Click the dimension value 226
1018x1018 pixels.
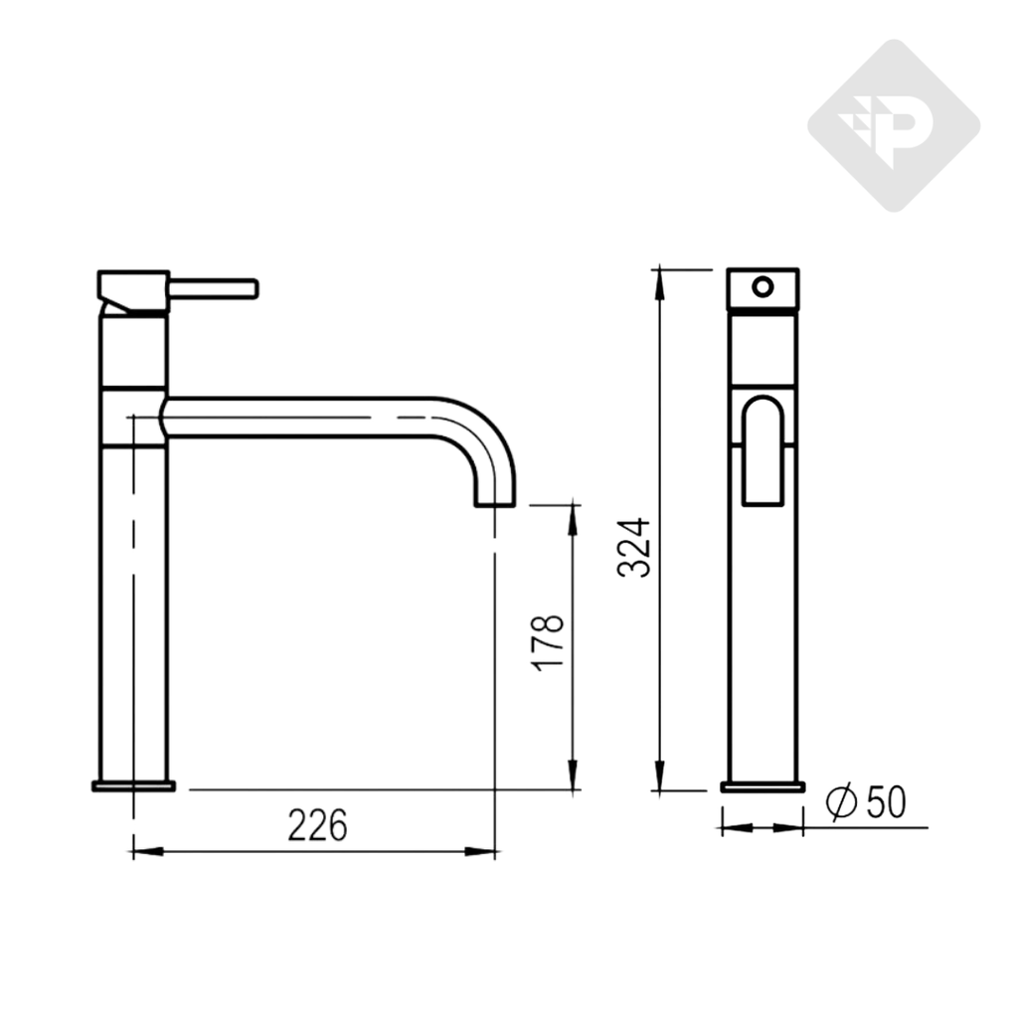click(x=317, y=824)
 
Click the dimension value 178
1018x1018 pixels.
click(x=548, y=642)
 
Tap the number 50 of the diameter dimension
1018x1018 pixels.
click(x=886, y=801)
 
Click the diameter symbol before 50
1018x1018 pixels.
click(x=841, y=801)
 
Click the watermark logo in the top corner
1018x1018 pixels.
click(x=893, y=125)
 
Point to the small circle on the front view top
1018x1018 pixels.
click(x=762, y=287)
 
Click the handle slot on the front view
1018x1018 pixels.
click(x=763, y=450)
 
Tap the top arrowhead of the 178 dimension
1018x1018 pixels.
click(x=573, y=518)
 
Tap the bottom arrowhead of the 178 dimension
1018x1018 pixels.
click(x=573, y=777)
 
